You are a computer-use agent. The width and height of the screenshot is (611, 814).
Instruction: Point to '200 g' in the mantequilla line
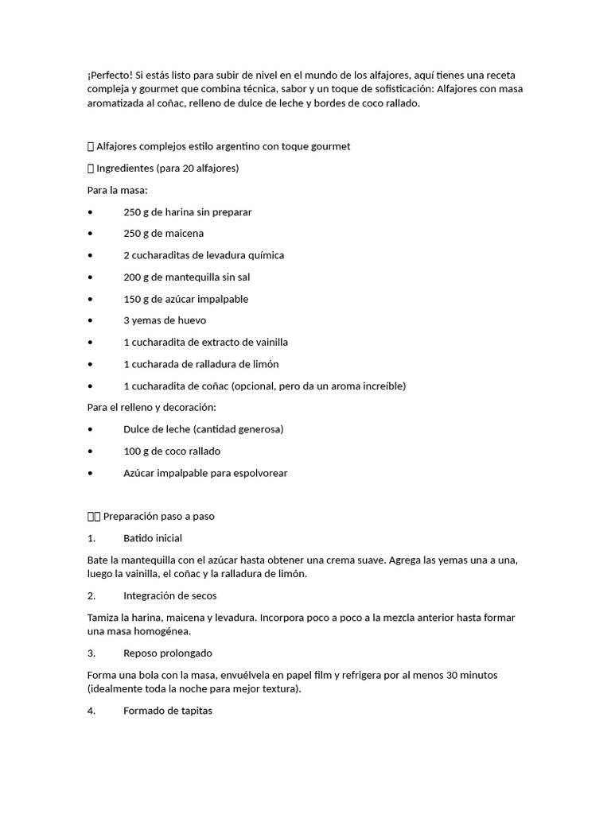point(136,277)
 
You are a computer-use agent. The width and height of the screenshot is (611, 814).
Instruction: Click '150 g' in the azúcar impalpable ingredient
point(136,299)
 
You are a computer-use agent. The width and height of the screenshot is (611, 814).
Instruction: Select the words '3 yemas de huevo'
point(165,320)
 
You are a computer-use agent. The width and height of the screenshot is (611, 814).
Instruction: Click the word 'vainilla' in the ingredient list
point(269,343)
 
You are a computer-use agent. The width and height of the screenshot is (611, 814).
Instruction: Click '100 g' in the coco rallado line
point(136,452)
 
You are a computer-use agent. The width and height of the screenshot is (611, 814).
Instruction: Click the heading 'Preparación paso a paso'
point(159,517)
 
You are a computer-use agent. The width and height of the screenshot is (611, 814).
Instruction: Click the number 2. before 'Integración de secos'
point(91,595)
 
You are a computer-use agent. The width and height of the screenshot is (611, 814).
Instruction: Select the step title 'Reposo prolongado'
point(168,653)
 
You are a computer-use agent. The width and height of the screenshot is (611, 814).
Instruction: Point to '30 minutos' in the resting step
point(471,675)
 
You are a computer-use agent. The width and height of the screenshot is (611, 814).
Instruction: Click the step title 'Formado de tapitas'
point(168,711)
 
